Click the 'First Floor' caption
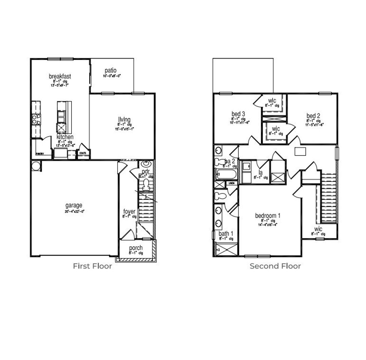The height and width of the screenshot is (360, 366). coord(92,266)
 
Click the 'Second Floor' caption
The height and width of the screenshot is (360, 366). coord(275,266)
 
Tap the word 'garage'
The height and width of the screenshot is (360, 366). coord(74,205)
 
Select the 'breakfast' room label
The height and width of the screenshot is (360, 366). coord(60,76)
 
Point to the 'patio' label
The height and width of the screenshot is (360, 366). coord(110,70)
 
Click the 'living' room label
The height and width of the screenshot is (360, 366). coord(124,119)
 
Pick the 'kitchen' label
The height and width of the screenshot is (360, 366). coord(65,137)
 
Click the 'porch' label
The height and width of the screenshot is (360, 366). coord(136,248)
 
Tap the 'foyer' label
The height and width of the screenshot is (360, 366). coord(129,211)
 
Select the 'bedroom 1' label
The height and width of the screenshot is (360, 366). coord(268,216)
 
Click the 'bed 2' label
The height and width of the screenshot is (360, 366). coord(313,116)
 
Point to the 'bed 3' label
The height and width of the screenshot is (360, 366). coord(238,114)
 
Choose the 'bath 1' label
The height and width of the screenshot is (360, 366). coord(226,234)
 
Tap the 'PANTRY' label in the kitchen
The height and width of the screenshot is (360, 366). coord(40,154)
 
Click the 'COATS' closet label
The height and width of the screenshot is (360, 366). coord(83,153)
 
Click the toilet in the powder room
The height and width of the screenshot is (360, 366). coord(146,184)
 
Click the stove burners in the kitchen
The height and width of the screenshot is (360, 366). coord(36,119)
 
